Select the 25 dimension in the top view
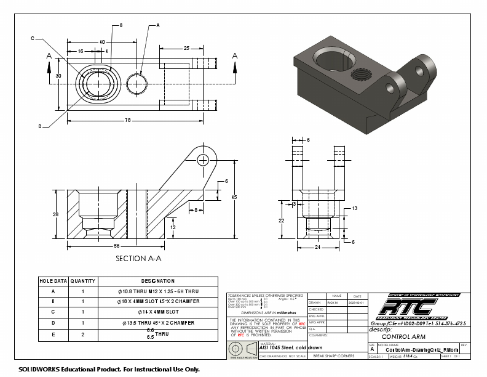click(x=186, y=47)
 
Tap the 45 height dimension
click(x=234, y=197)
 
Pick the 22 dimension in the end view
click(x=282, y=220)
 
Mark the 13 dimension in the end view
click(x=355, y=209)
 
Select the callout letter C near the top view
click(x=33, y=38)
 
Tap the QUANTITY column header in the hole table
click(x=82, y=281)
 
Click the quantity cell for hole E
click(x=82, y=335)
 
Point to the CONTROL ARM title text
click(x=403, y=337)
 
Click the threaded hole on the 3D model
click(x=359, y=76)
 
